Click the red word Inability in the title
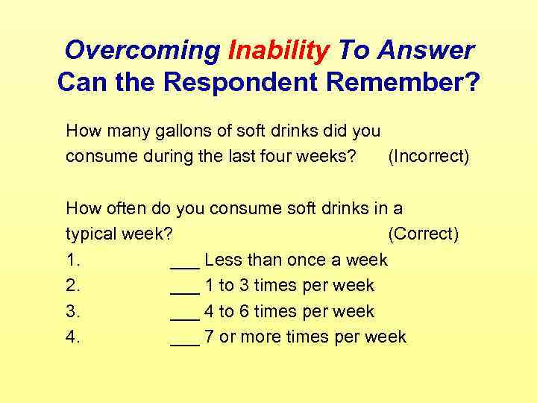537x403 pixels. click(279, 51)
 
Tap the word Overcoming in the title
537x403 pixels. click(142, 51)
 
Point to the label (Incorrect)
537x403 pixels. click(429, 157)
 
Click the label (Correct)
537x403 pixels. click(424, 234)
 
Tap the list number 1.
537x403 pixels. click(72, 260)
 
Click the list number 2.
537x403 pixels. click(72, 286)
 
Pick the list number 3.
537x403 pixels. click(72, 311)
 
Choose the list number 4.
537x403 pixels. click(72, 337)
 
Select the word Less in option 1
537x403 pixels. click(222, 260)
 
